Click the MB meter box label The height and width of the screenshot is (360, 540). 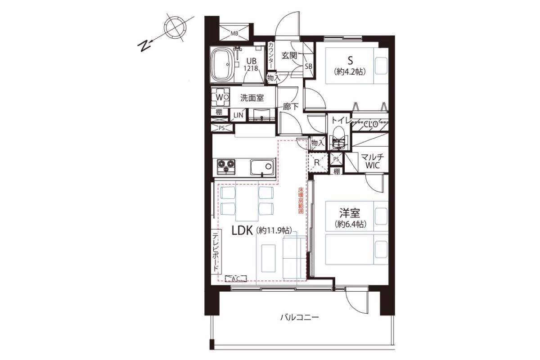(234, 33)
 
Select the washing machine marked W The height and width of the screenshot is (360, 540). (220, 97)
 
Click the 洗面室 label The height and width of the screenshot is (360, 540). (252, 98)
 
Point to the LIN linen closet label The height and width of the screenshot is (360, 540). (238, 115)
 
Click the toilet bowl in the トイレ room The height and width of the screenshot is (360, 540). (338, 140)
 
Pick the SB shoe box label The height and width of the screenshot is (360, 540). (309, 66)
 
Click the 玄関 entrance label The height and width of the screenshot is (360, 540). (289, 56)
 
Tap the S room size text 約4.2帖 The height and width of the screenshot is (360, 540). (350, 72)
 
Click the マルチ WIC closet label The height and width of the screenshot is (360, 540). (372, 161)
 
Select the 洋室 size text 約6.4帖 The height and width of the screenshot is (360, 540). (350, 224)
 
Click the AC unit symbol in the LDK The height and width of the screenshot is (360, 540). (236, 279)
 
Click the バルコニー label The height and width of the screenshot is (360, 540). (299, 317)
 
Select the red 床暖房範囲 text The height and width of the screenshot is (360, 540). (301, 201)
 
